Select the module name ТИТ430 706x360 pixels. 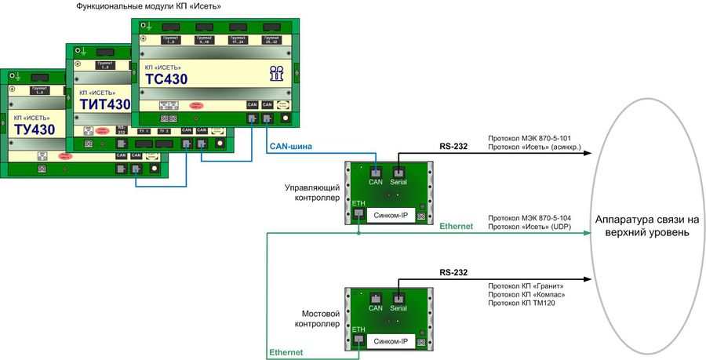coord(105,105)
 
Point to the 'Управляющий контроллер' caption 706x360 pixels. coord(311,193)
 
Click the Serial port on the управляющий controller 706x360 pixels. coord(398,172)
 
